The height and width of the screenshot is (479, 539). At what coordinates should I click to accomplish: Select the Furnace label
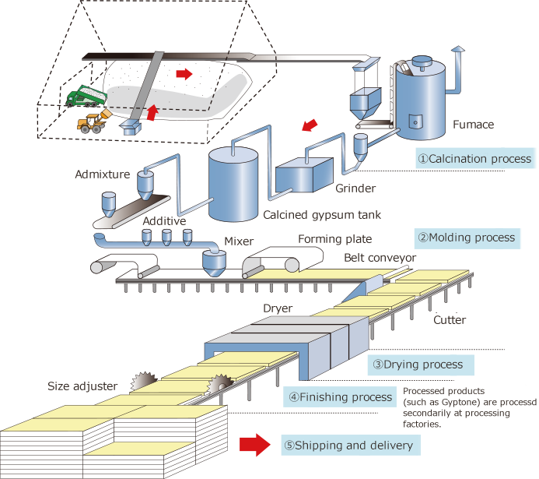[472, 124]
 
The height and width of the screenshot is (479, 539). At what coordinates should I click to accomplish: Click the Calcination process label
[474, 159]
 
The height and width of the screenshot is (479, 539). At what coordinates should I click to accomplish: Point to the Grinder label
[356, 188]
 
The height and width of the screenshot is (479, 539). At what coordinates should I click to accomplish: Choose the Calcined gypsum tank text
[322, 215]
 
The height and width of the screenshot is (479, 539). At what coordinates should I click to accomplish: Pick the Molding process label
[466, 238]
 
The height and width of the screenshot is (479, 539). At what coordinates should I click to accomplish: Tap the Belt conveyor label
[380, 258]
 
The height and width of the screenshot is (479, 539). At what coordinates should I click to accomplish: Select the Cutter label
[450, 319]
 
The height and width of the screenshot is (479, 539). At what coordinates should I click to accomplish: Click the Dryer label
[278, 308]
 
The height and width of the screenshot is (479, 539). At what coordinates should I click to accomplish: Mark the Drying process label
[417, 364]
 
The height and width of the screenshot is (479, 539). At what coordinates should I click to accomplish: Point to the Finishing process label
[341, 397]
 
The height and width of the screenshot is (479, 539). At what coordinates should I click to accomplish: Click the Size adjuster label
[82, 386]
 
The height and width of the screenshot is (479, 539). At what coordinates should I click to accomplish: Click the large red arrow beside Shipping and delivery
[254, 446]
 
